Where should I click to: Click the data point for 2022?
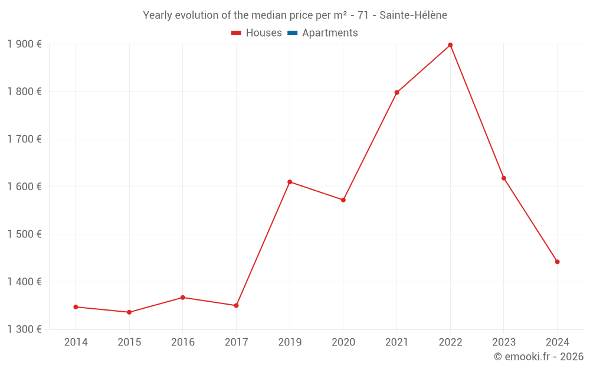pos(450,45)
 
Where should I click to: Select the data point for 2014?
pos(76,307)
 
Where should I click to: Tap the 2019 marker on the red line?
pos(290,182)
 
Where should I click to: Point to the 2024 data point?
pos(557,262)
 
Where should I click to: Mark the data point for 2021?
pos(396,93)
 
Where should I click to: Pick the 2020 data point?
pos(343,200)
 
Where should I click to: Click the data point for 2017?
pos(236,305)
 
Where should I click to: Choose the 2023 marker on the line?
pos(504,178)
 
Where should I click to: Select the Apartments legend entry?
pos(330,33)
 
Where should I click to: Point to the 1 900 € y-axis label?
pos(24,44)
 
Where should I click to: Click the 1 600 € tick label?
pos(24,187)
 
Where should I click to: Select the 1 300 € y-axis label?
pos(24,329)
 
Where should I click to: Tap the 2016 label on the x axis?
pos(182,342)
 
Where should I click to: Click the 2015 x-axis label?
pos(129,342)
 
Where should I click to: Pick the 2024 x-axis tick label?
pos(557,342)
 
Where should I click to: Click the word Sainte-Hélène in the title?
pos(413,15)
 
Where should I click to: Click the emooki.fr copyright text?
pos(539,357)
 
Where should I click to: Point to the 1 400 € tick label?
pos(24,282)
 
